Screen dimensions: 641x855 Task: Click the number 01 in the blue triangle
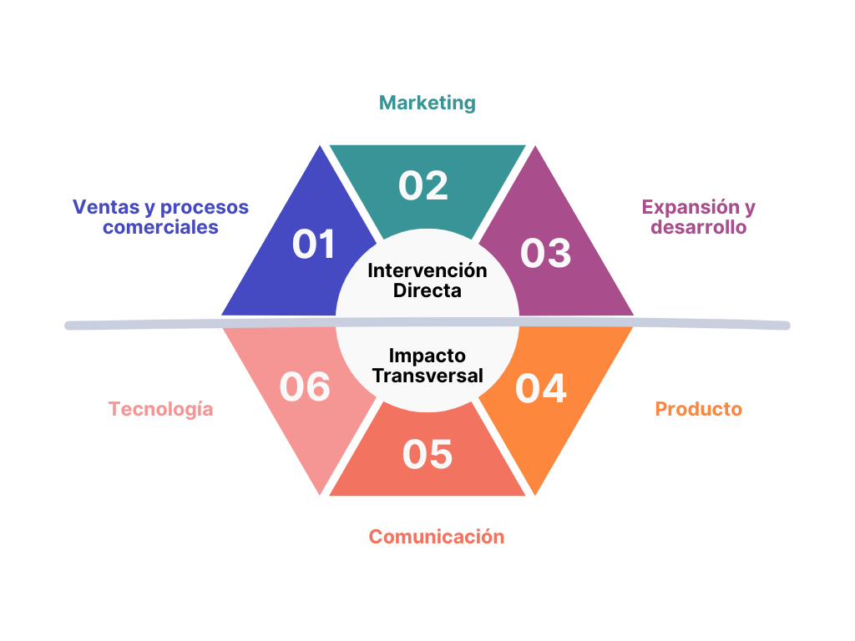click(313, 245)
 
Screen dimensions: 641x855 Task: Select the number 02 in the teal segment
click(423, 185)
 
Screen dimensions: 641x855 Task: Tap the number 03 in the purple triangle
click(545, 253)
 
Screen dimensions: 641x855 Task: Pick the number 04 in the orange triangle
click(541, 389)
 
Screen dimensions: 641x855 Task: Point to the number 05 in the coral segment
click(427, 454)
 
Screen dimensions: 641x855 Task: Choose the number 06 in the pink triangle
click(305, 387)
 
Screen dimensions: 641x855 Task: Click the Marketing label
click(427, 103)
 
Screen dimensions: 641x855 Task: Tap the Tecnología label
click(161, 409)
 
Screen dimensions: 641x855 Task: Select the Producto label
click(699, 409)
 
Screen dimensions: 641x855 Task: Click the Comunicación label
click(437, 536)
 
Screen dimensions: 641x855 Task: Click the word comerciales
click(161, 227)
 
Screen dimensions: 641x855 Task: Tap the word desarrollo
click(698, 227)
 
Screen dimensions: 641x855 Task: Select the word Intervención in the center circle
click(427, 270)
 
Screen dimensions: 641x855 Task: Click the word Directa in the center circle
click(427, 290)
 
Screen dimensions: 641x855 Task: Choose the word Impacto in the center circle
click(427, 356)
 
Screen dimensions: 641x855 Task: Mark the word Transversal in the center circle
click(427, 376)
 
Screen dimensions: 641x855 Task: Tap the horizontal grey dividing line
click(167, 324)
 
